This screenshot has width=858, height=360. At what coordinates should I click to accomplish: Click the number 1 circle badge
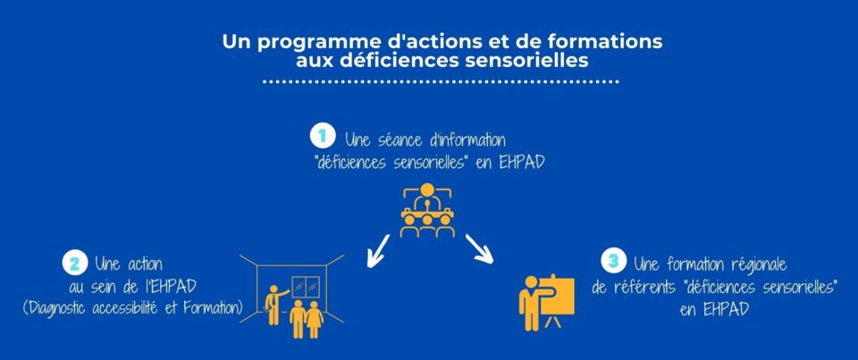[x=323, y=137]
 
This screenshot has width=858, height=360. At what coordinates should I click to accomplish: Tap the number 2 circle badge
[x=75, y=264]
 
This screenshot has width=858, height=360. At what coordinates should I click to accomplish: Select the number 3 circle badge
[x=613, y=260]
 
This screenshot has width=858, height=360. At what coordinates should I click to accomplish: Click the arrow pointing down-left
[x=378, y=251]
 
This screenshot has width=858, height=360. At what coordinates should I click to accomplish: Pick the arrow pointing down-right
[x=479, y=249]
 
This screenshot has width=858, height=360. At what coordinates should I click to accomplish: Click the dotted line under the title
[x=441, y=82]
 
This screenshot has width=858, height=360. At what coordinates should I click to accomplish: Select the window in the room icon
[x=306, y=287]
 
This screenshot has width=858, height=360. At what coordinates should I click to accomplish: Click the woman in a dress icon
[x=315, y=320]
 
